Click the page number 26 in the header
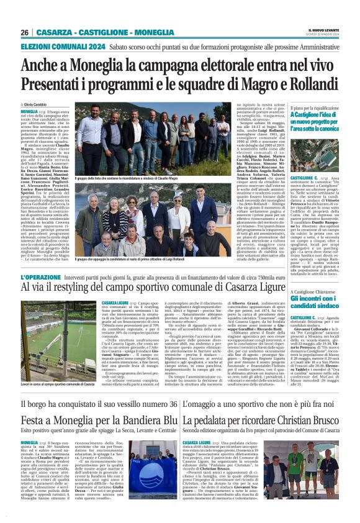click(24, 32)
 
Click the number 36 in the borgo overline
click(170, 405)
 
